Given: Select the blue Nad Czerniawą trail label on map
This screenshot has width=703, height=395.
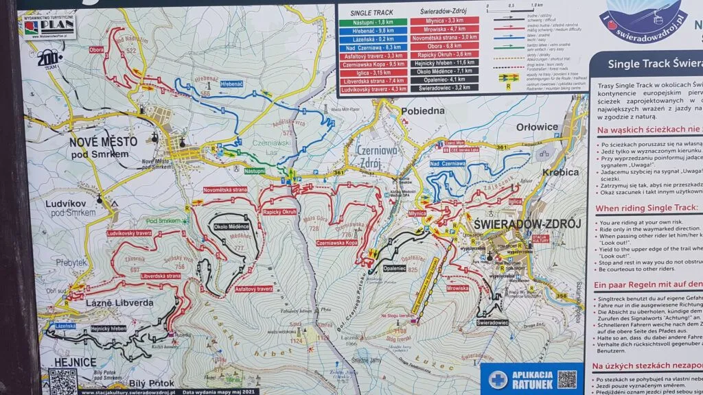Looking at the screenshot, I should pos(448,164).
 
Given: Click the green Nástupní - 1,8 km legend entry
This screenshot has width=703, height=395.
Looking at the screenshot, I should pos(370,21).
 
